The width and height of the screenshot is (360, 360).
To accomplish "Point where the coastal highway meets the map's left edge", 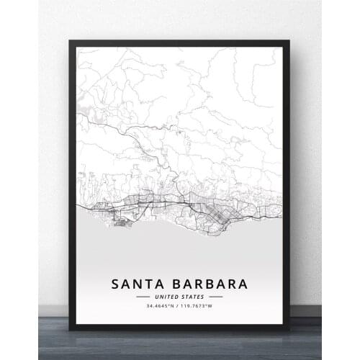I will pos(78,208).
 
